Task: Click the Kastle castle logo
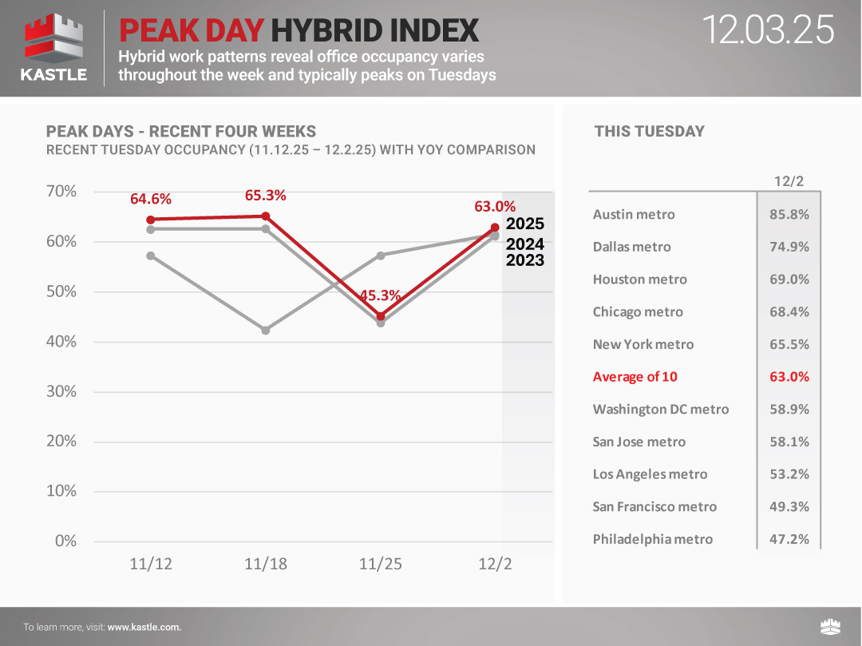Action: click(53, 40)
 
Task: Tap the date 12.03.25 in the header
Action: click(768, 30)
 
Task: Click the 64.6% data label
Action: click(151, 199)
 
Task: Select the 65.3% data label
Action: click(266, 196)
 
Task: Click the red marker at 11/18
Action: click(266, 216)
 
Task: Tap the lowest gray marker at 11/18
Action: click(266, 330)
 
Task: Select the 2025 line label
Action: click(525, 224)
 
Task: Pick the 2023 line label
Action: click(525, 260)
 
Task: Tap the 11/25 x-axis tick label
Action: click(380, 565)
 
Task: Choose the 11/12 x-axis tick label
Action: click(151, 565)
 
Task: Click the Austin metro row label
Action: click(634, 215)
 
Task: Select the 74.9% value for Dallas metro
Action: click(789, 247)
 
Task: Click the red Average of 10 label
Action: click(635, 377)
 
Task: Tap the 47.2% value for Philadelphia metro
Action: click(789, 539)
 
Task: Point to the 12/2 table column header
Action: click(789, 181)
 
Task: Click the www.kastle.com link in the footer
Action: click(144, 627)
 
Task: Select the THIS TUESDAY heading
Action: click(649, 132)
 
